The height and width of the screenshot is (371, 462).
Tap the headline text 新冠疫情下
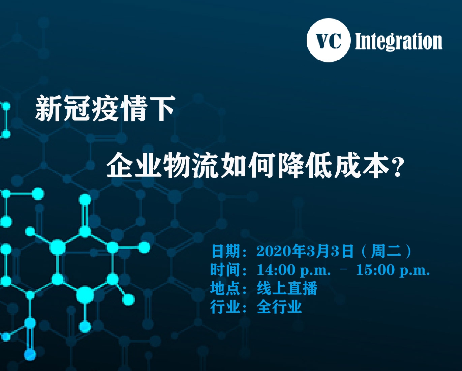(105, 109)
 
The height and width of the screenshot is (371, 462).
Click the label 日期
(226, 251)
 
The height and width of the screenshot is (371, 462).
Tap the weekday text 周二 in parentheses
(386, 251)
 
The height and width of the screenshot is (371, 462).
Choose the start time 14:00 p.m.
(294, 270)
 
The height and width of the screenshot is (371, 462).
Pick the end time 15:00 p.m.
(393, 270)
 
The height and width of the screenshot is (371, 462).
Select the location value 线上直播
(287, 288)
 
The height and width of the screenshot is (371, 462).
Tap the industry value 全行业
(279, 307)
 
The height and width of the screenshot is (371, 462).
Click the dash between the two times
(344, 268)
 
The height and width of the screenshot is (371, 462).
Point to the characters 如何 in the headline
(249, 165)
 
